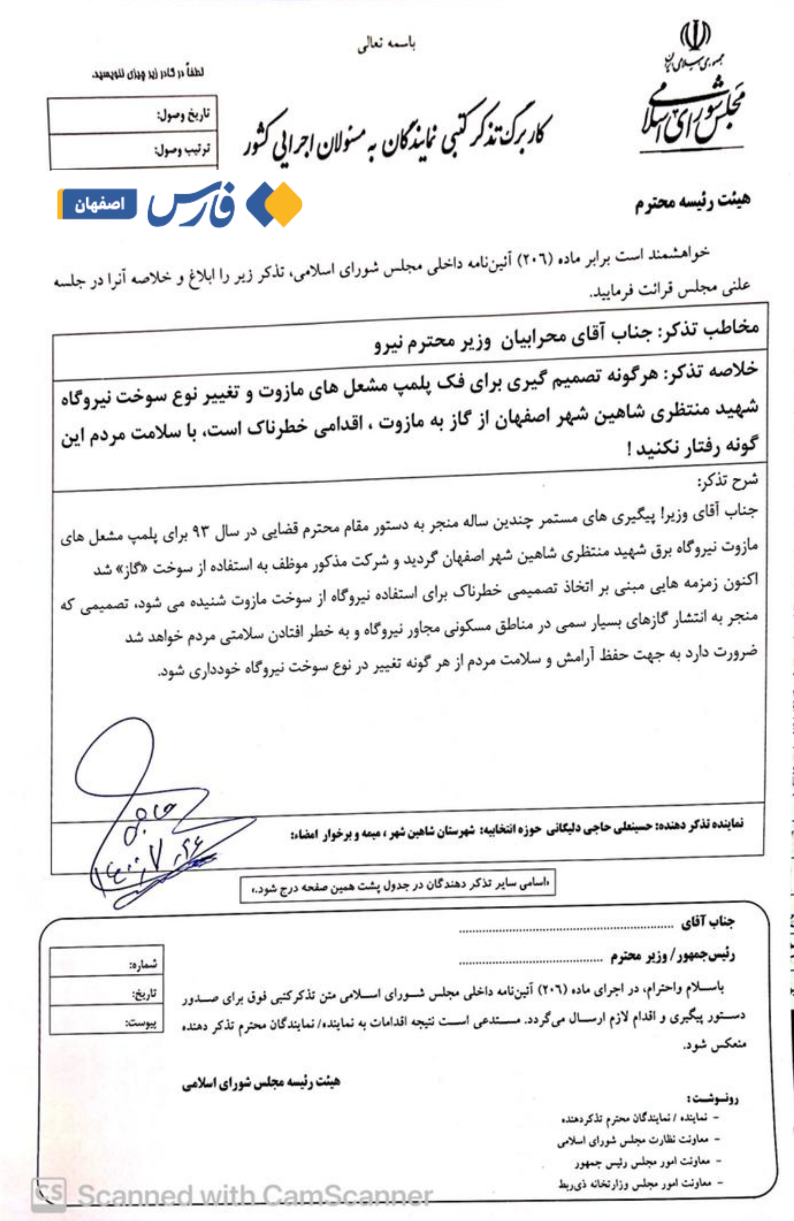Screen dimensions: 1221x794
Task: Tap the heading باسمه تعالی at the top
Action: point(386,45)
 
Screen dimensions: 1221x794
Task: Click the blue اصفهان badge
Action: point(98,204)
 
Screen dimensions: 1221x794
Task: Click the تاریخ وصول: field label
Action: point(183,115)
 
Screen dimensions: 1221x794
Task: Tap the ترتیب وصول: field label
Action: point(183,150)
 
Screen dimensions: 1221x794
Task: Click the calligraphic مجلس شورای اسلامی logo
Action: point(692,113)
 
